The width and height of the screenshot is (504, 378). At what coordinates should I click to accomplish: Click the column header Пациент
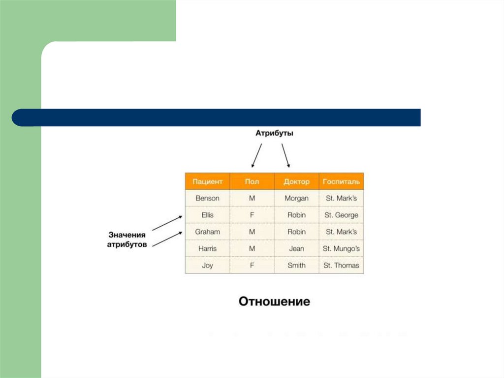coord(207,181)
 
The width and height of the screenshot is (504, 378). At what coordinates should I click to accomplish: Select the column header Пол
coord(252,181)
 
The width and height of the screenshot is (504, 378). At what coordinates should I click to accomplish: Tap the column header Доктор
coord(296,181)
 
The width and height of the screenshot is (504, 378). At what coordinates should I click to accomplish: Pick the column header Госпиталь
coord(341,181)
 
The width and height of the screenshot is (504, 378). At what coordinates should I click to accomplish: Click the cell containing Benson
coord(207,198)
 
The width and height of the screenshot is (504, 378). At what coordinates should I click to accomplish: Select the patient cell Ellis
coord(207,215)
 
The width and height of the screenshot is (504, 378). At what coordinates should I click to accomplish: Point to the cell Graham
coord(207,232)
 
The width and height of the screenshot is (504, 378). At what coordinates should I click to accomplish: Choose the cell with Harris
coord(207,248)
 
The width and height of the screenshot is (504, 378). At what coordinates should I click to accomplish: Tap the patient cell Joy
coord(207,265)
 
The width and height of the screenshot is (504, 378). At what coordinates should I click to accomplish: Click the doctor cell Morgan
coord(296,198)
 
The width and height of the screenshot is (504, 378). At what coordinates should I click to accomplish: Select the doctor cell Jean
coord(296,248)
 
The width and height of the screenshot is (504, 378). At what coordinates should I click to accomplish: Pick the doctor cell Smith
coord(296,265)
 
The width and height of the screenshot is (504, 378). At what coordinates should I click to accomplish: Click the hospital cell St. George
coord(341,215)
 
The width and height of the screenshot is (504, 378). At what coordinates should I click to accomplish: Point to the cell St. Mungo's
coord(341,248)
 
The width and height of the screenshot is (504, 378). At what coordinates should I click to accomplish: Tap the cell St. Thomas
coord(341,265)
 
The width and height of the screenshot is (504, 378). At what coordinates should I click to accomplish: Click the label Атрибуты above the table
coord(274,133)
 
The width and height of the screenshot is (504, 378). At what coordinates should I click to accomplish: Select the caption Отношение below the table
coord(274,301)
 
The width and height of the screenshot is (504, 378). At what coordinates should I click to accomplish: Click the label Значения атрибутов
coord(126,240)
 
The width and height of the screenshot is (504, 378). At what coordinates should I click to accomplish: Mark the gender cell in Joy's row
coord(252,265)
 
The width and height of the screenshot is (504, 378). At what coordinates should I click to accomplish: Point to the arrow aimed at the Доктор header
coord(285,156)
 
